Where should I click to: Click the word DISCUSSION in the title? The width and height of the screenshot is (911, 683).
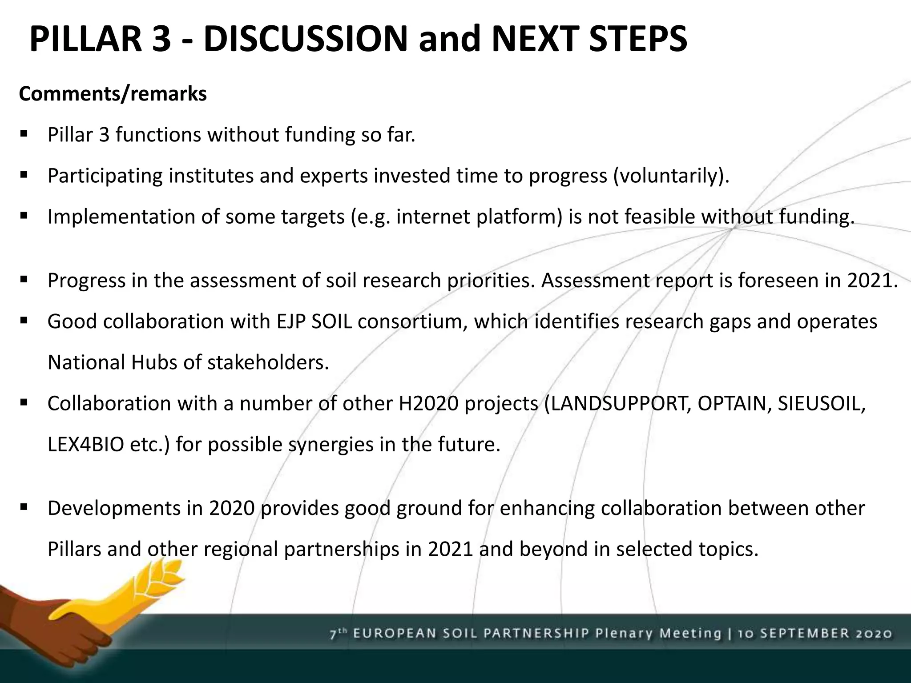tap(305, 39)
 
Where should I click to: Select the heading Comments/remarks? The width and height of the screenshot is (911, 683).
tap(113, 94)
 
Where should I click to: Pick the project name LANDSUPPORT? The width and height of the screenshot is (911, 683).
tap(618, 403)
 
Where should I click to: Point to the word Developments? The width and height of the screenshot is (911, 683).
tap(113, 508)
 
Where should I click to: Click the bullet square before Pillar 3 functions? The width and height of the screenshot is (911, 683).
tap(24, 133)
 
